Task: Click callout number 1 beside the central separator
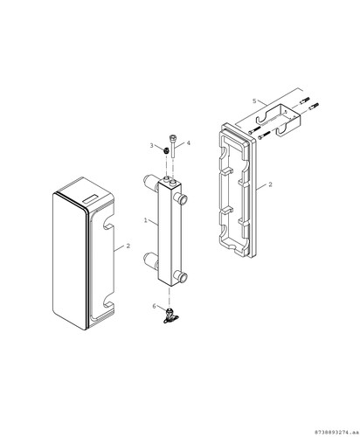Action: coord(146,220)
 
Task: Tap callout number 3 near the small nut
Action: coord(151,145)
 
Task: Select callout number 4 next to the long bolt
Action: coord(189,143)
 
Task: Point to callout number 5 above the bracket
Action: coord(254,101)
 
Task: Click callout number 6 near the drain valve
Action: coord(155,306)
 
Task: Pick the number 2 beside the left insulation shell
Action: coord(128,246)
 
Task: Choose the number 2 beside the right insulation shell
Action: coord(270,184)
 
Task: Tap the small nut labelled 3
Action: coord(166,150)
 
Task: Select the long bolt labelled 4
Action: coord(173,146)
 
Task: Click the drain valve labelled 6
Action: coord(169,316)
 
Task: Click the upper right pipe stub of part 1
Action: coord(181,200)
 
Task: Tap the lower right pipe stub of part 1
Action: coord(182,276)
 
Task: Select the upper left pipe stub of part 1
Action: coord(151,181)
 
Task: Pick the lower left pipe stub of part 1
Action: coord(151,260)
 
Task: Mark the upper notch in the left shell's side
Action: coord(107,225)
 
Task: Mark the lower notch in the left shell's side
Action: coord(108,305)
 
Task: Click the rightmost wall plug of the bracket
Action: coord(314,106)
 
